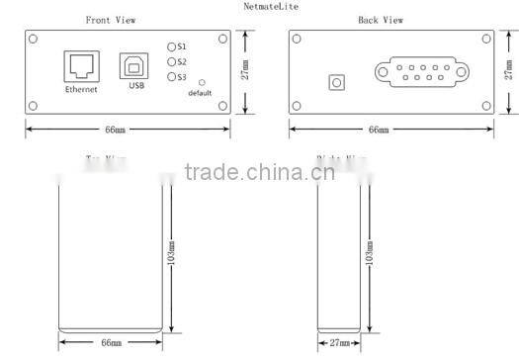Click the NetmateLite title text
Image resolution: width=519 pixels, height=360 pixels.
269,6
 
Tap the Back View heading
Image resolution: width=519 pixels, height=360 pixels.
380,20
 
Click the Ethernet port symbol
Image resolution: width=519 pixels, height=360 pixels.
79,66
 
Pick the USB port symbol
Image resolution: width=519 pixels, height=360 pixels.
134,67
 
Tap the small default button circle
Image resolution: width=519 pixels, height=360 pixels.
202,83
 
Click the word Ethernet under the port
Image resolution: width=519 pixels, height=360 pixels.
81,90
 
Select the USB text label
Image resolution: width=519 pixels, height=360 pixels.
136,86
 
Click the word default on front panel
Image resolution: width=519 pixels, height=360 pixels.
201,94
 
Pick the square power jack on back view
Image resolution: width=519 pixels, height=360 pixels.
338,81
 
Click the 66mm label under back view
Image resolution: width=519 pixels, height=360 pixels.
379,130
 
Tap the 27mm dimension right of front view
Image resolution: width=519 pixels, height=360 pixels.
246,71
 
